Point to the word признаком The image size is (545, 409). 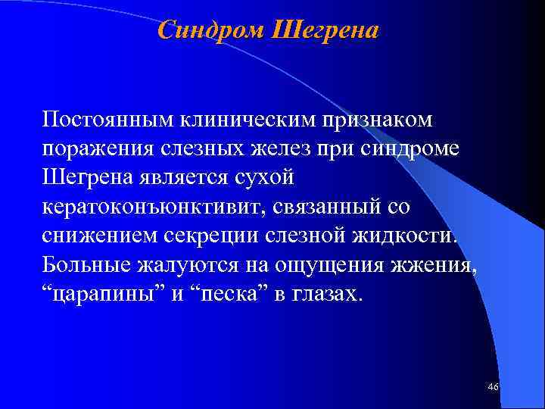pyautogui.click(x=378, y=120)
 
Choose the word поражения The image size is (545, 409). pyautogui.click(x=98, y=148)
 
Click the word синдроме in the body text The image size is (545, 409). pyautogui.click(x=415, y=148)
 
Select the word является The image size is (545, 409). pyautogui.click(x=182, y=177)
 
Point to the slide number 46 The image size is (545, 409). pyautogui.click(x=494, y=387)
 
